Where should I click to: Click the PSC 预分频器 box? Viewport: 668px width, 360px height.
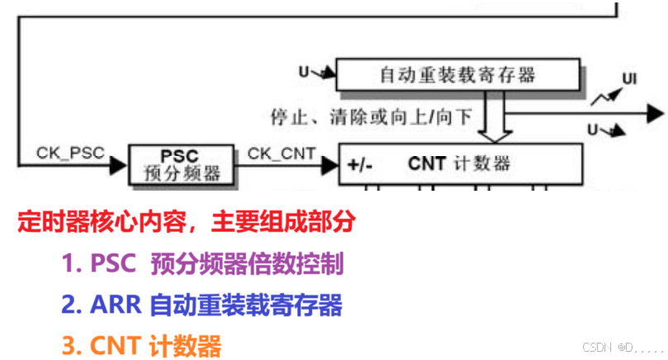point(181,164)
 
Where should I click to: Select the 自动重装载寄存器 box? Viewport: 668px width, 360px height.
point(457,75)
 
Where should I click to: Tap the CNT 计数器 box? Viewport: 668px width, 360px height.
point(460,163)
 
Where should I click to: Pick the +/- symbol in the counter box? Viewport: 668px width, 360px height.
point(360,164)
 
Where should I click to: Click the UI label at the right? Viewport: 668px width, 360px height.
point(629,79)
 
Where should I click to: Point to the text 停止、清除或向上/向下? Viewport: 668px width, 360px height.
point(372,116)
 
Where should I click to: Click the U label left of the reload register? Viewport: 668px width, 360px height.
point(304,73)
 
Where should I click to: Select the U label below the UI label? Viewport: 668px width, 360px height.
point(592,129)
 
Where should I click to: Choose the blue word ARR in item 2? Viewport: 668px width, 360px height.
point(111,306)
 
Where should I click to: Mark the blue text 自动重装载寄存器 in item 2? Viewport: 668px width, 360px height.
point(245,306)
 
